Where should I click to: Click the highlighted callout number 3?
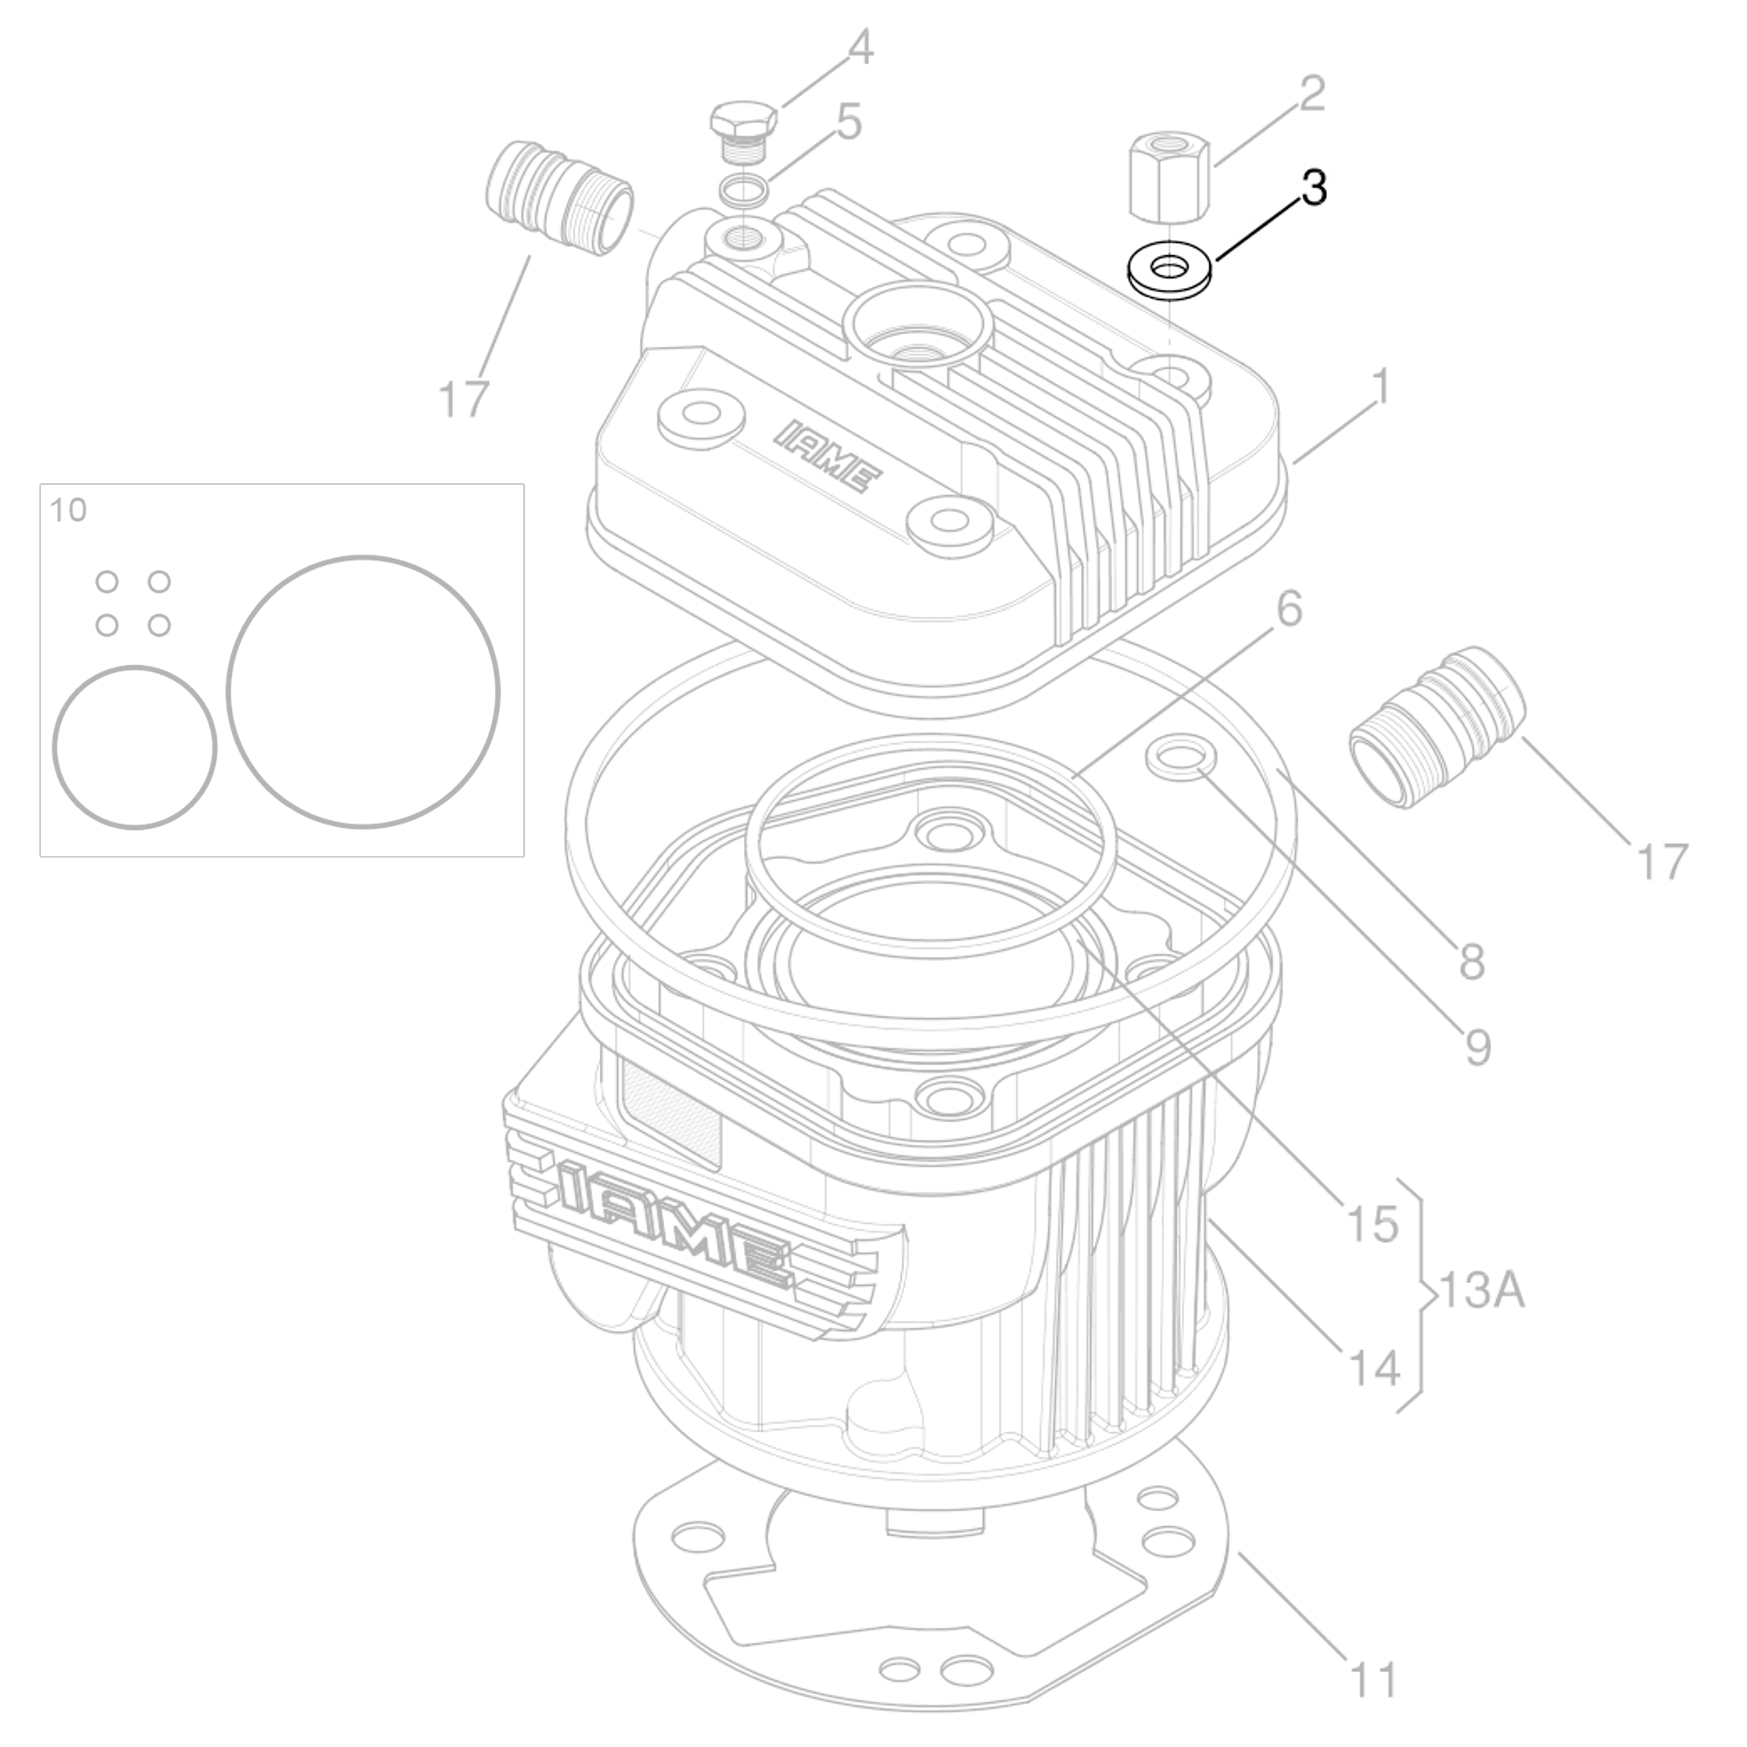1314,188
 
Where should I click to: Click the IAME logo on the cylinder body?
674,1223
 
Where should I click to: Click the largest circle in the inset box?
362,692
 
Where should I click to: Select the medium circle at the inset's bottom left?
134,747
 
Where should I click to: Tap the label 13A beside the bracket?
1481,1291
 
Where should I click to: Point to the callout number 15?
1373,1224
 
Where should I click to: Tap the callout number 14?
1373,1368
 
